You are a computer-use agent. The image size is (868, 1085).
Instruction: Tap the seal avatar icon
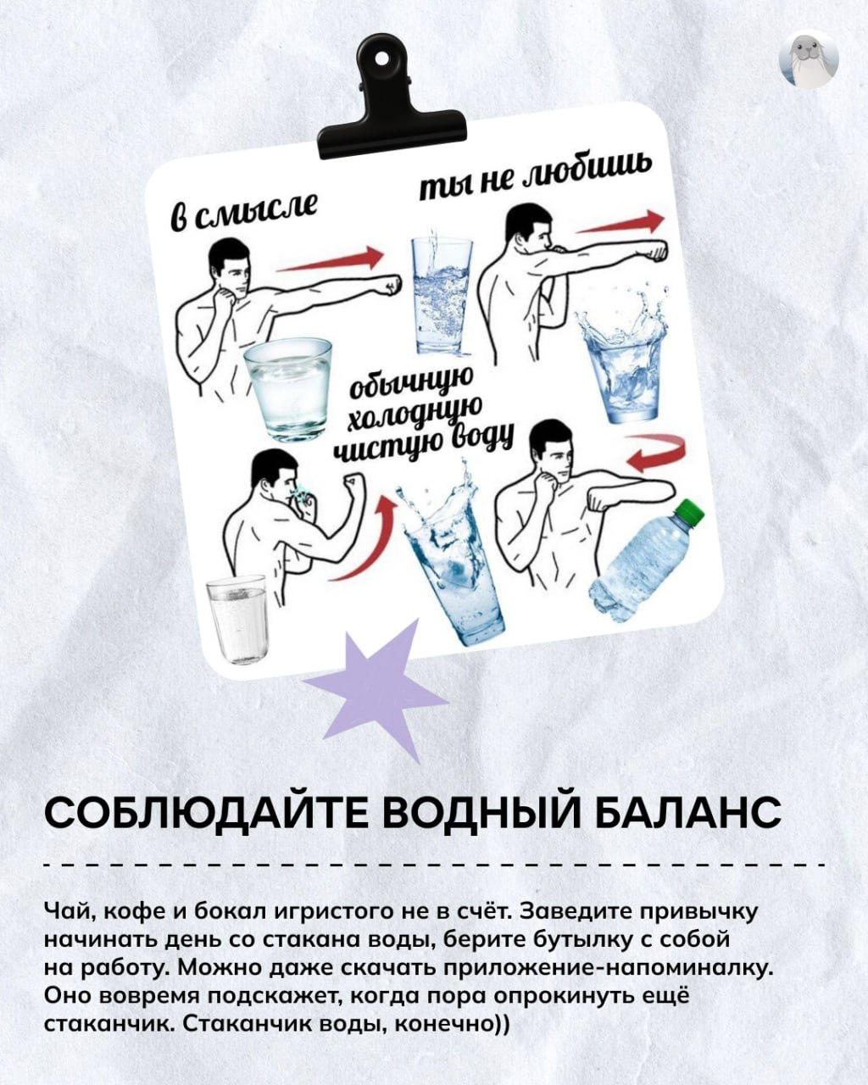pos(809,60)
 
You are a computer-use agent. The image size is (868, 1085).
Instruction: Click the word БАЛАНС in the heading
pos(688,813)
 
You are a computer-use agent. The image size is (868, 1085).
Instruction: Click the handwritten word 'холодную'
pos(415,414)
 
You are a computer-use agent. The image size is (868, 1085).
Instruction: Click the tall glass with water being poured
pos(441,292)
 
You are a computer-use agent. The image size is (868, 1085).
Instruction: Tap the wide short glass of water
pos(288,389)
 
